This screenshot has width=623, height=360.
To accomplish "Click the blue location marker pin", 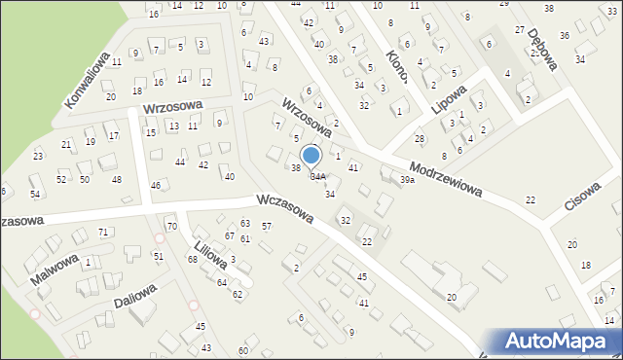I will click(311, 156).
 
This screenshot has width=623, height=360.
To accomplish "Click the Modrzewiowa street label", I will click(446, 177).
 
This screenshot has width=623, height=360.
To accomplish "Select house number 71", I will click(103, 232).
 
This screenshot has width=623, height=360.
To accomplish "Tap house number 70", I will click(172, 227).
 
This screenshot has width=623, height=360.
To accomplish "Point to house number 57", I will click(267, 227).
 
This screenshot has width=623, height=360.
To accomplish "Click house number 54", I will click(34, 195).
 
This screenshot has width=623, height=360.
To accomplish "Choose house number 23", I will click(38, 156).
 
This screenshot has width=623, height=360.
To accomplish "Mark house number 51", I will click(159, 256).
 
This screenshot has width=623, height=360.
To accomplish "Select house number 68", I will click(193, 259).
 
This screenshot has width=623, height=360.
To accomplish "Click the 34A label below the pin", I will click(318, 177).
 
